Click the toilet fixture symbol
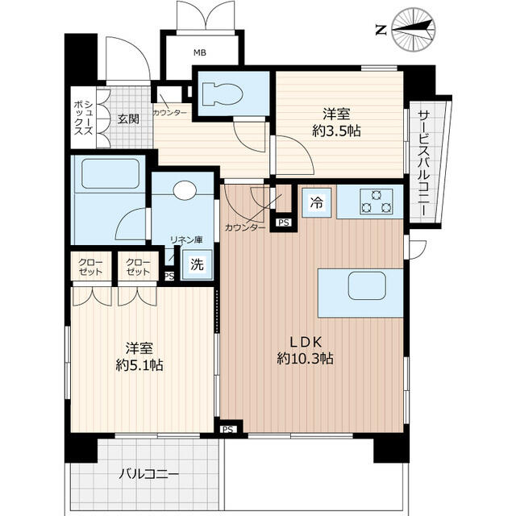click(223, 94)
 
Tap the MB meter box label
click(200, 52)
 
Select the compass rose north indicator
click(414, 31)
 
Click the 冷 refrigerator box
click(317, 203)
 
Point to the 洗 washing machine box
click(197, 264)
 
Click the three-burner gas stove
click(377, 202)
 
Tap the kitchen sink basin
click(367, 285)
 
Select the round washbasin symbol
click(185, 190)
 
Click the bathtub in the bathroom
click(110, 174)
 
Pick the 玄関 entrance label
click(128, 119)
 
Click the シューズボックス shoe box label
click(84, 118)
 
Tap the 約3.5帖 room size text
click(336, 131)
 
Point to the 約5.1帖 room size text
click(139, 365)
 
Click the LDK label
click(306, 343)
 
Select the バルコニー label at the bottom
click(149, 474)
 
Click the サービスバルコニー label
click(424, 163)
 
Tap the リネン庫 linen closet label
click(186, 240)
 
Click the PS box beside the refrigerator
click(285, 223)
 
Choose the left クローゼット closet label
click(90, 267)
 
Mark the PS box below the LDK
click(228, 430)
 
